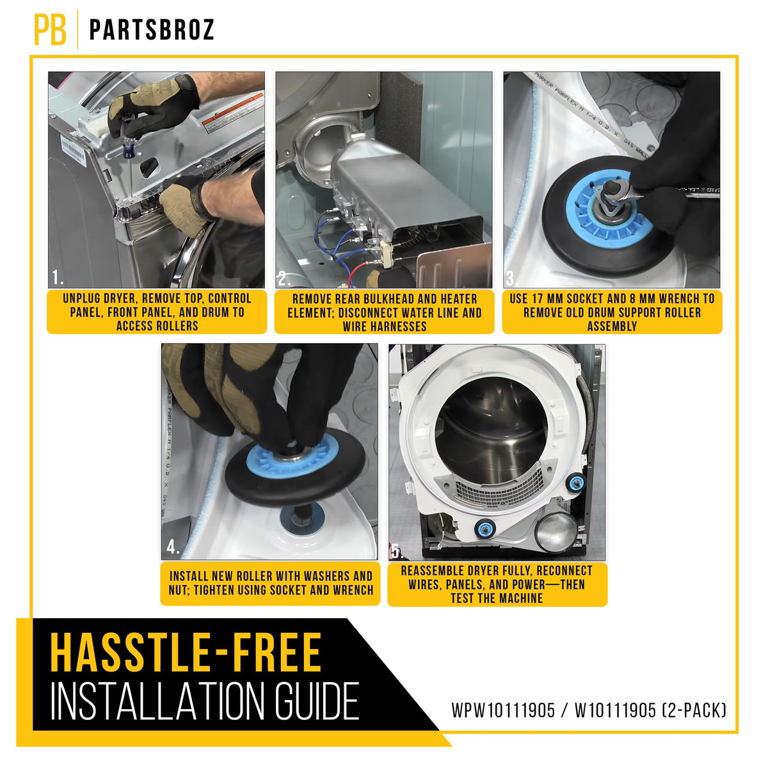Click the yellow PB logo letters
click(x=50, y=30)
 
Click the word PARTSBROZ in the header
click(x=152, y=30)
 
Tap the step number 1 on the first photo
click(x=58, y=277)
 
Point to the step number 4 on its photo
click(x=173, y=547)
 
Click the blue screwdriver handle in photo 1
click(x=129, y=150)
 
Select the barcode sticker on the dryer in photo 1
click(x=74, y=150)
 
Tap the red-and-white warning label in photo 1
click(x=234, y=113)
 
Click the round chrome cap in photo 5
click(x=556, y=531)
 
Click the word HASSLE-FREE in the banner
click(x=186, y=652)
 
